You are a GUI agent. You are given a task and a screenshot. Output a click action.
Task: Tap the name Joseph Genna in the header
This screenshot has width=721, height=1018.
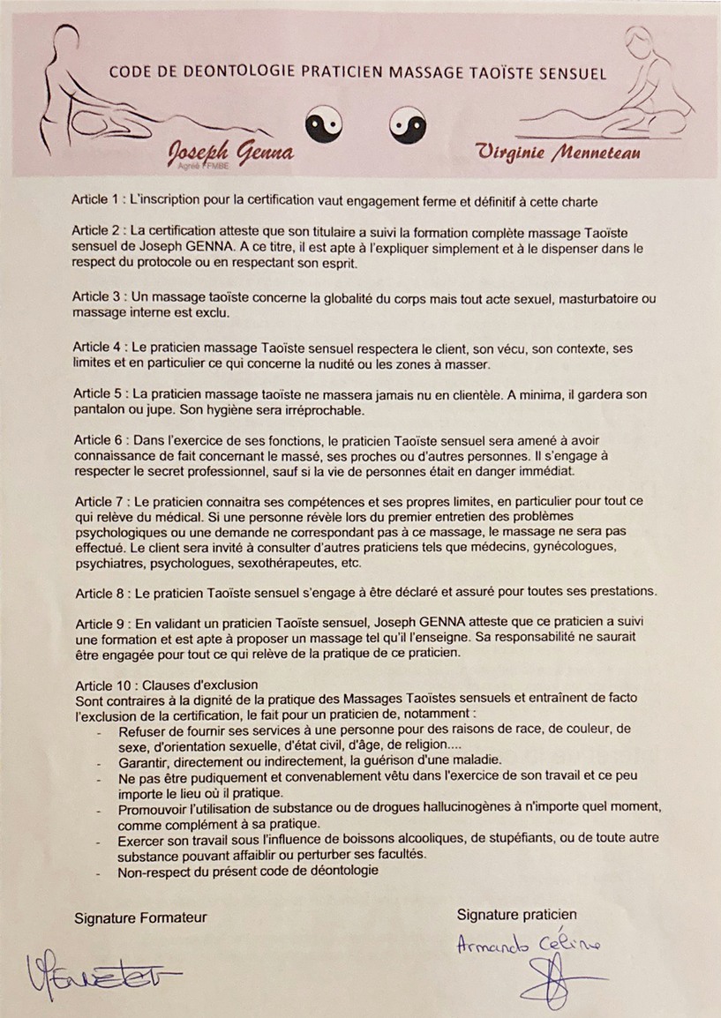(x=230, y=155)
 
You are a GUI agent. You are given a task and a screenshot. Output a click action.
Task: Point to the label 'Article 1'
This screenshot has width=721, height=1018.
(x=98, y=200)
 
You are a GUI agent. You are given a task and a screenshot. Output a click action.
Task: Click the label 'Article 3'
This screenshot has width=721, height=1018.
(x=98, y=299)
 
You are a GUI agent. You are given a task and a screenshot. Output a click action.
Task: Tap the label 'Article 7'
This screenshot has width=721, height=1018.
(x=98, y=501)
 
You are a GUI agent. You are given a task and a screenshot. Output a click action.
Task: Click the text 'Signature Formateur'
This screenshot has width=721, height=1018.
(x=141, y=917)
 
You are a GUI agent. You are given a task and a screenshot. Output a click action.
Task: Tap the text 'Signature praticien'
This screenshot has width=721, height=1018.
(x=517, y=914)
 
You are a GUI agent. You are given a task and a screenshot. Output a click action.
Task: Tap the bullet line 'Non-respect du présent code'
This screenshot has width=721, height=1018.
(x=248, y=872)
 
